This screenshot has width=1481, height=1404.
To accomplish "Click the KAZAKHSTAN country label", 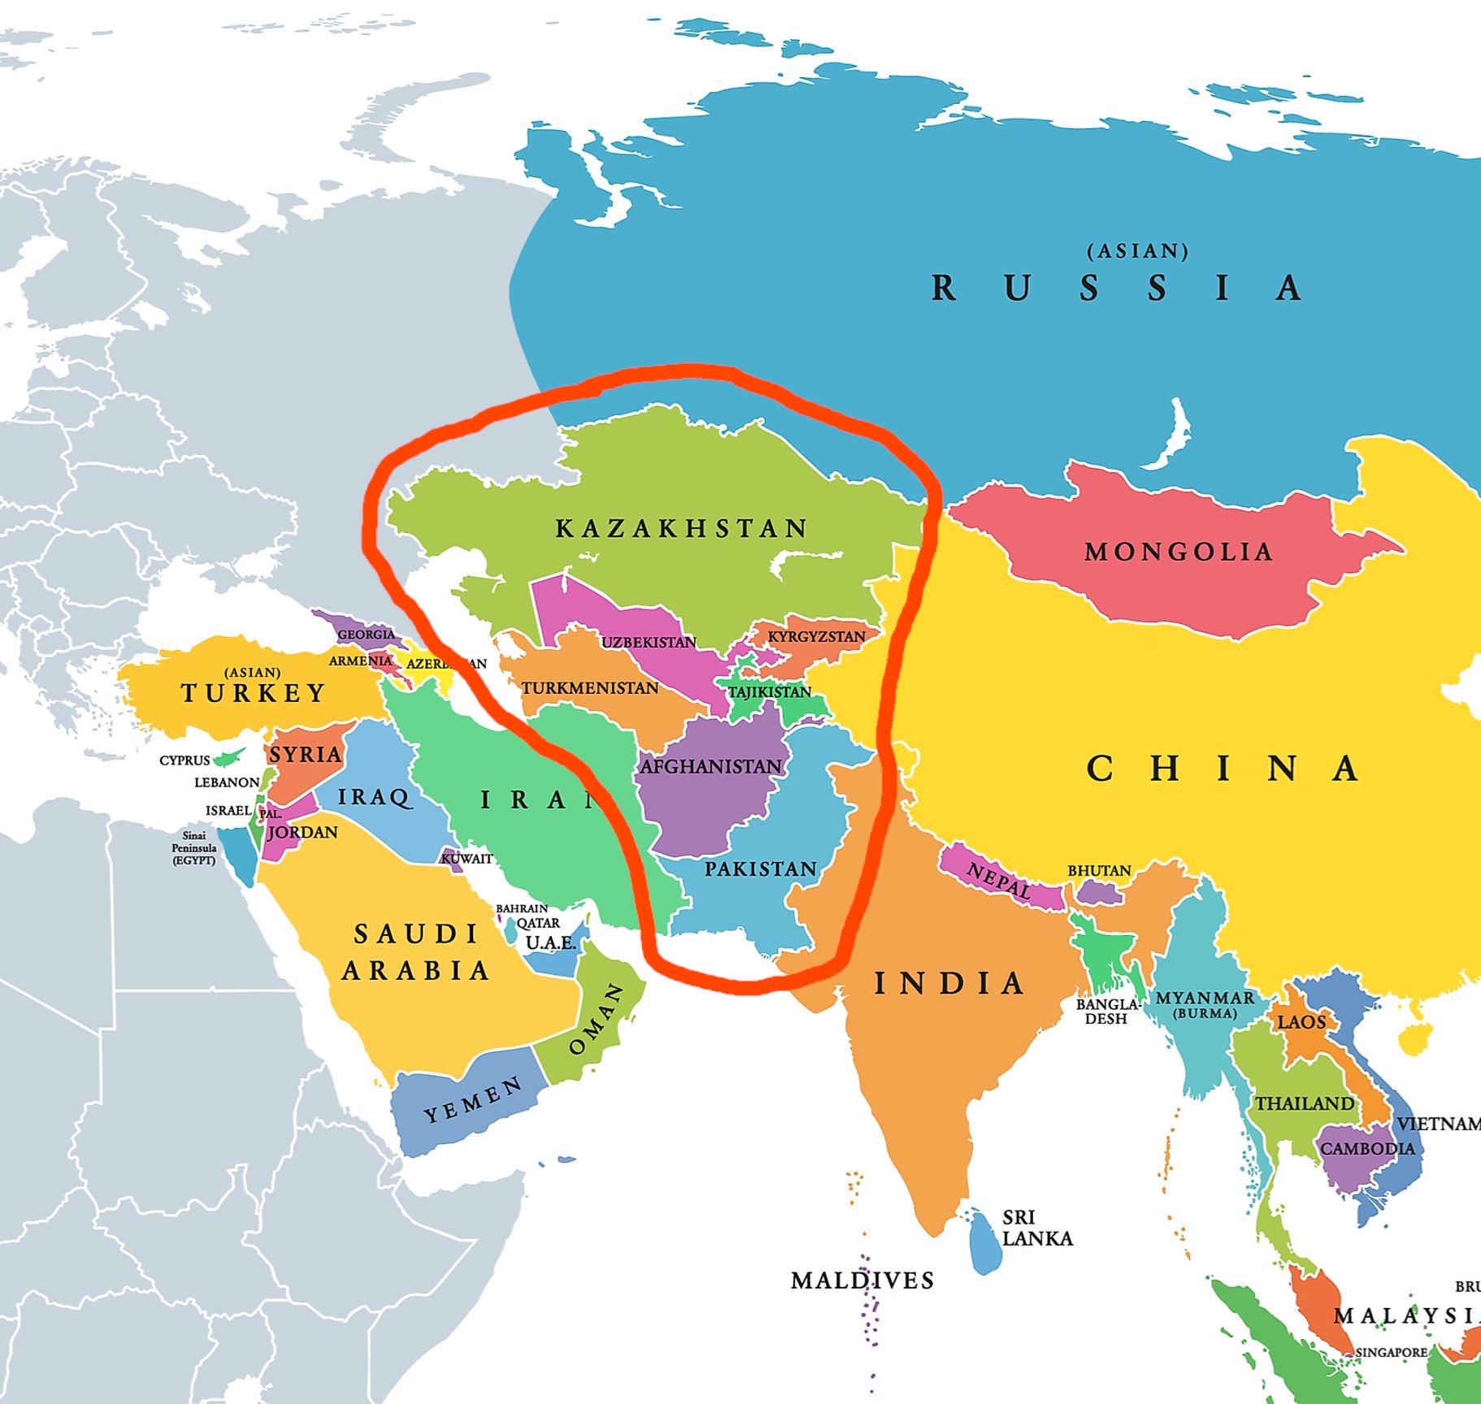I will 681,529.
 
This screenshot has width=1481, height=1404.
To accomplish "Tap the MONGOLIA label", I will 1178,552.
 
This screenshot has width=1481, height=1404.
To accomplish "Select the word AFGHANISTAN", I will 711,766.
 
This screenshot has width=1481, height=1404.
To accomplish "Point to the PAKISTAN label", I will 760,869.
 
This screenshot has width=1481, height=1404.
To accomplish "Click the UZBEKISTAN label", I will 649,643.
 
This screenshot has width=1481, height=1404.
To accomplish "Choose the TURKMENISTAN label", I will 590,688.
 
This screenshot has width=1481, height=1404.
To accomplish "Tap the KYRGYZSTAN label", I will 816,636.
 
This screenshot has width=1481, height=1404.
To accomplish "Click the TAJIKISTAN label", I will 769,692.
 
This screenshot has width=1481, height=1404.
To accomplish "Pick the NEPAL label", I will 998,881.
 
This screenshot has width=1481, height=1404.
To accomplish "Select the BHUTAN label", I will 1099,870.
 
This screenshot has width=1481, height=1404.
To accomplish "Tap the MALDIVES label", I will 862,1281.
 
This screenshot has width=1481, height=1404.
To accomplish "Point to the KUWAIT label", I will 467,858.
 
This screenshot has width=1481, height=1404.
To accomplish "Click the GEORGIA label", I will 366,635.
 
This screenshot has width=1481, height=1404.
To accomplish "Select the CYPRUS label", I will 185,760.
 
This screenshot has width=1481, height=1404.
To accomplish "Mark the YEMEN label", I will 473,1101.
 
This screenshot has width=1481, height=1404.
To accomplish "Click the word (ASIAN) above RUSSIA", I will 1137,251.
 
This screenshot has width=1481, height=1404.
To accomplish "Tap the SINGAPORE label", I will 1391,1353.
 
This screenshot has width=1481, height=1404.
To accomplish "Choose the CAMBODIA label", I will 1367,1149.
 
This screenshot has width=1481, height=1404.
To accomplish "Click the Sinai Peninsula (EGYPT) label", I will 194,847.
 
